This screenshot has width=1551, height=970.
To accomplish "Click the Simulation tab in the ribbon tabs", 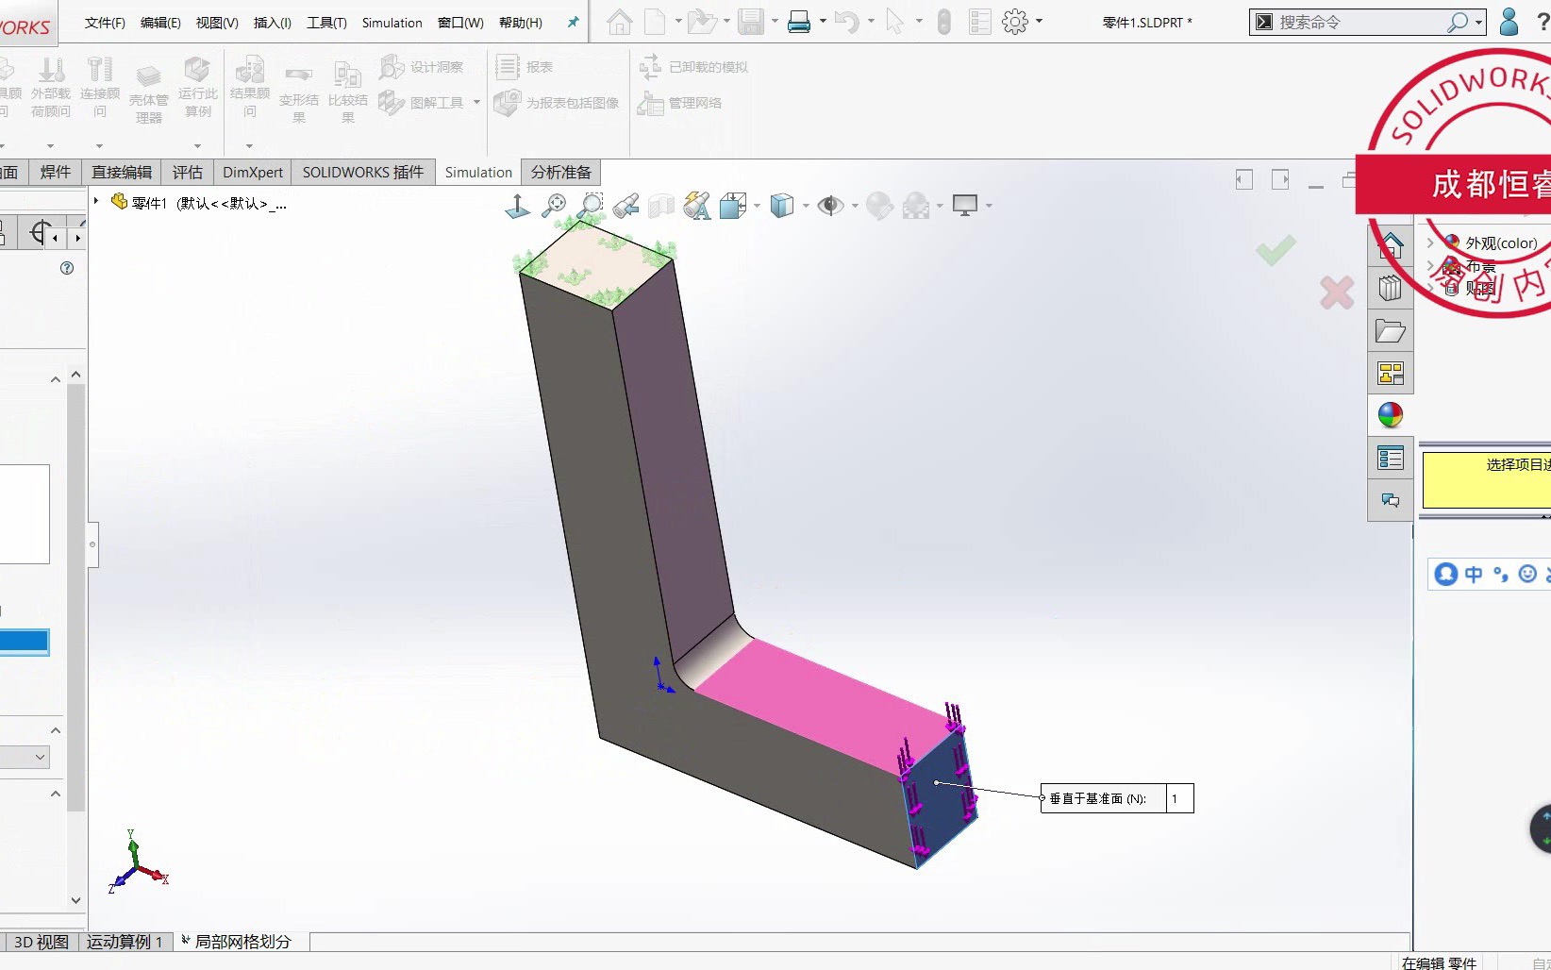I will pos(478,173).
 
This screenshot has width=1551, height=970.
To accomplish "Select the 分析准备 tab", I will pos(560,173).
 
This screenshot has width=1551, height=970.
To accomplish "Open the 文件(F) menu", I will pos(105,23).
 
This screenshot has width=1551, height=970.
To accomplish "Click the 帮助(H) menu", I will pos(520,23).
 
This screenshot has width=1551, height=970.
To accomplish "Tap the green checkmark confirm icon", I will pos(1276,250).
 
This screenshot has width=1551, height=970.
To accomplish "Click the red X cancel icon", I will pos(1336,293).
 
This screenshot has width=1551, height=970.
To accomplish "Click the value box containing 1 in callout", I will pos(1179,799).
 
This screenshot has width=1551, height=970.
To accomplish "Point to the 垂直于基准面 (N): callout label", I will pos(1098,799).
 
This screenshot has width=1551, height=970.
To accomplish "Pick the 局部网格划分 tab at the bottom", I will pos(242,942).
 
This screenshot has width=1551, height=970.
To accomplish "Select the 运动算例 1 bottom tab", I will pos(125,942).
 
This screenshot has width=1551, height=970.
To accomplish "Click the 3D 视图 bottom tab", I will pos(41,942).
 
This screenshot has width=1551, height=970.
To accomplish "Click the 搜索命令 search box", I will pos(1359,23).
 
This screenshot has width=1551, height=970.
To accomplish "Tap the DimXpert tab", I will pos(252,173).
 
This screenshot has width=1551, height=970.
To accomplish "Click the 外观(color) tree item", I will pos(1500,243).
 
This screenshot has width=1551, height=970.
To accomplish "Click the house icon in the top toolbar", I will pos(620,22).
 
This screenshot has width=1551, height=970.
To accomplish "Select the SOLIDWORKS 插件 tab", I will pos(362,173).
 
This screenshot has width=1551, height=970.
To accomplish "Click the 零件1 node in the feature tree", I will pos(148,203).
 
